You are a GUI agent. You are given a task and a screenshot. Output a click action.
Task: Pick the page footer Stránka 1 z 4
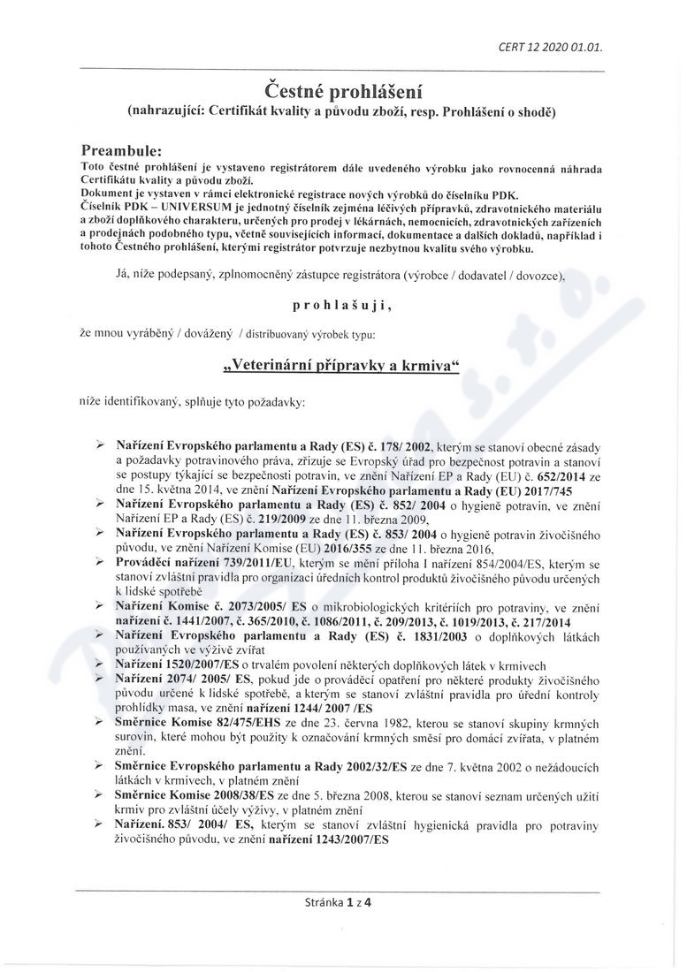tap(337, 902)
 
